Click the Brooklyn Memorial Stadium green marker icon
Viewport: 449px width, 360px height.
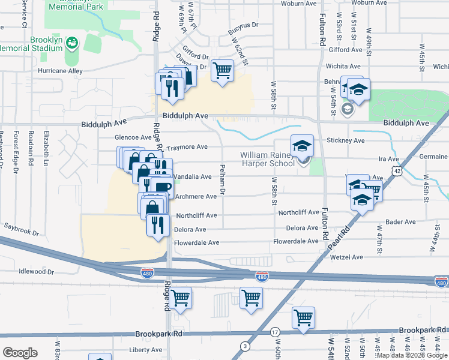coord(72,43)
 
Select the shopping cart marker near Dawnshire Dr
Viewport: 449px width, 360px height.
coord(223,71)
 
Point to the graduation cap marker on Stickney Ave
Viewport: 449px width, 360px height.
coord(303,145)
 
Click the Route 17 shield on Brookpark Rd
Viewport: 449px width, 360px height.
coord(276,331)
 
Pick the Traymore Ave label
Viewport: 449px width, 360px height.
coord(187,147)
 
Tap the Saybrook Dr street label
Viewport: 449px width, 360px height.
coord(21,232)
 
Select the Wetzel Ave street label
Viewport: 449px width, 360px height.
coord(347,257)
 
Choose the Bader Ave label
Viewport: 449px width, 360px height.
coord(401,221)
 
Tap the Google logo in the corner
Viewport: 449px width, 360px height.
coord(20,352)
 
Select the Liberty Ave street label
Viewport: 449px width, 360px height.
coord(146,350)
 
